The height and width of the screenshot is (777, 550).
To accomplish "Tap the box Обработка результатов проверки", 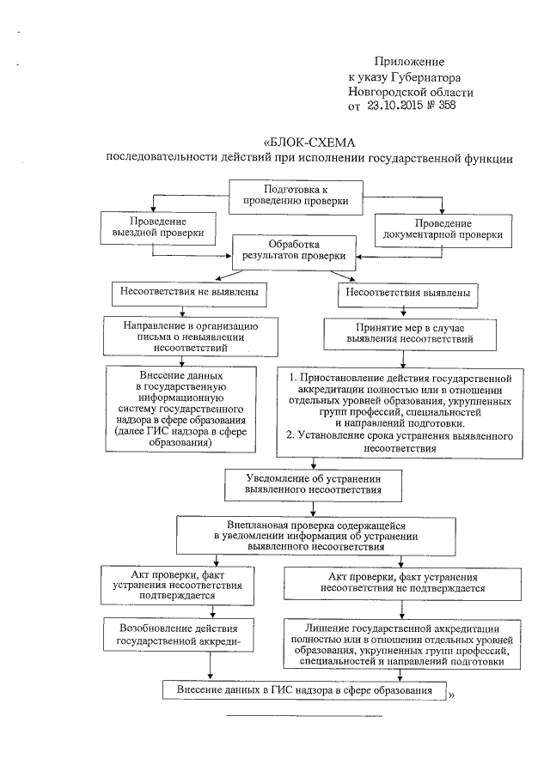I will [295, 250].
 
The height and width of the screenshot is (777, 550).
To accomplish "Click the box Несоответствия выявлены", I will [407, 292].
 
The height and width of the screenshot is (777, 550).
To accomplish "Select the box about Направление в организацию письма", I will [190, 337].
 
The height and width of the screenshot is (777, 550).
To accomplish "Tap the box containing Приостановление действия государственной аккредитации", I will [400, 412].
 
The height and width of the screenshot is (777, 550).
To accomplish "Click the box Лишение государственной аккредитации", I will [400, 643].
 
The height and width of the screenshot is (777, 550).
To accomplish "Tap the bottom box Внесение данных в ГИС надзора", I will [305, 689].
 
